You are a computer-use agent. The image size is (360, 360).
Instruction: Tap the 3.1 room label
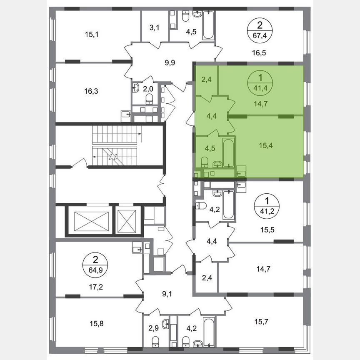(155, 28)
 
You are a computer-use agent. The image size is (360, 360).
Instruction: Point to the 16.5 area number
(259, 53)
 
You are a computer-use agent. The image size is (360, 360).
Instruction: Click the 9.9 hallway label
(170, 63)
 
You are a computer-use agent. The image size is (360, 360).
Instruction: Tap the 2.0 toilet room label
(149, 89)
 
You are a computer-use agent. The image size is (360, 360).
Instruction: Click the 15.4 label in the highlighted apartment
(259, 147)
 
